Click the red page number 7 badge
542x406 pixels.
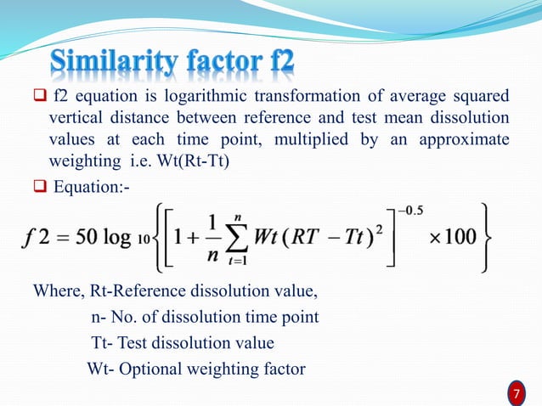point(515,393)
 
